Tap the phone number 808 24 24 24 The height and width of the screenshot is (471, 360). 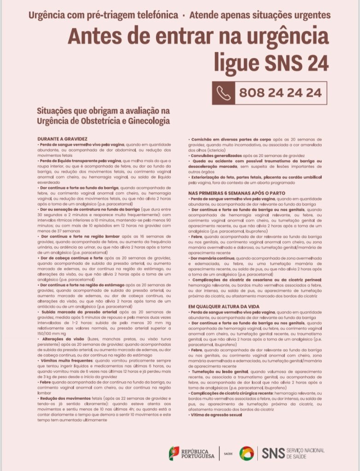pyautogui.click(x=280, y=93)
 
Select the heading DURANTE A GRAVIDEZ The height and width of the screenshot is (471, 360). pyautogui.click(x=63, y=138)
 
